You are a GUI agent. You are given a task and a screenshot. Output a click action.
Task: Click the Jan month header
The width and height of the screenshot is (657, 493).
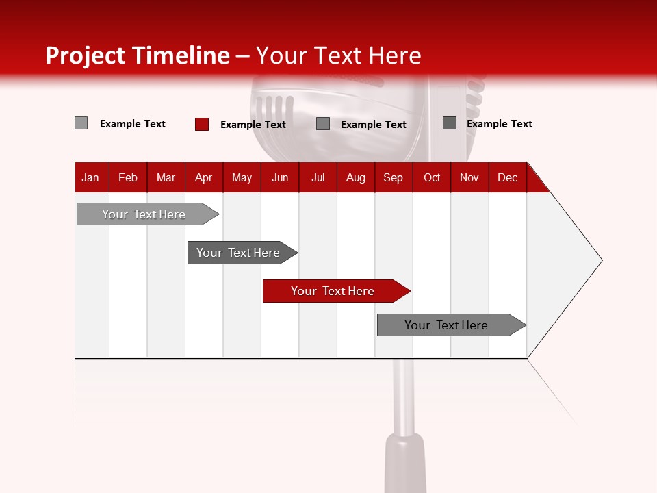[x=90, y=177]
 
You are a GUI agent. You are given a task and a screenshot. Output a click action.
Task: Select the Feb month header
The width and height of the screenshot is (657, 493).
[x=128, y=177]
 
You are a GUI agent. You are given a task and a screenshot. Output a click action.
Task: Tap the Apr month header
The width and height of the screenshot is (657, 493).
[x=203, y=177]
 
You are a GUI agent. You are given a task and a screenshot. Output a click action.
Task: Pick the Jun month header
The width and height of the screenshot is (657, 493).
[x=280, y=177]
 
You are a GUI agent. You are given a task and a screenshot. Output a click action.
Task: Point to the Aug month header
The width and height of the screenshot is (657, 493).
[x=356, y=177]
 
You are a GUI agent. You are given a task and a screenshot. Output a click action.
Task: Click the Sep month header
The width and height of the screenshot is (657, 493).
[x=393, y=177]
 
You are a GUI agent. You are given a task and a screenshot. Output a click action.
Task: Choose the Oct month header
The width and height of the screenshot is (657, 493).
[x=432, y=177]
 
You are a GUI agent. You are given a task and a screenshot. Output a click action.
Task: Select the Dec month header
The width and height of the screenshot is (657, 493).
[x=508, y=177]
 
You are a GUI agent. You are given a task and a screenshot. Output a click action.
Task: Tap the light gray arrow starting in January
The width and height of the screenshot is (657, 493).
[x=144, y=214]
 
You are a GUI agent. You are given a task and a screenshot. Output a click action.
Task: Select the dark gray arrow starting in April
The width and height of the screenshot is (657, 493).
[x=239, y=253]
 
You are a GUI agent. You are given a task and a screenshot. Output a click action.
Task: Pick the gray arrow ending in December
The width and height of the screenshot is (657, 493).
[x=447, y=325]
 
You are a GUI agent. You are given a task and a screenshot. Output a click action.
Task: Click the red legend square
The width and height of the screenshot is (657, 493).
[x=202, y=124]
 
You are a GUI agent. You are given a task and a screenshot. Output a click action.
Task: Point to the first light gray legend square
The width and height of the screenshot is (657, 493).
[x=81, y=123]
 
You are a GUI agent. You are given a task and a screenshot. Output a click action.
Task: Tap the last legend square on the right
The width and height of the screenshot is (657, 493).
[x=450, y=123]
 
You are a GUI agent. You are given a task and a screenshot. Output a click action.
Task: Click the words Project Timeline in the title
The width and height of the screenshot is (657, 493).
[x=138, y=55]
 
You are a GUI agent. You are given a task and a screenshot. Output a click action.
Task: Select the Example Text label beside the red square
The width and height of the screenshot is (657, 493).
[x=253, y=125]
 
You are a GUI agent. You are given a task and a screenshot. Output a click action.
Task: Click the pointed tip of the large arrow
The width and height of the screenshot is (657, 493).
[x=600, y=260]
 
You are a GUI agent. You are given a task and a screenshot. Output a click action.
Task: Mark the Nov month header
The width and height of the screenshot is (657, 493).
[x=469, y=177]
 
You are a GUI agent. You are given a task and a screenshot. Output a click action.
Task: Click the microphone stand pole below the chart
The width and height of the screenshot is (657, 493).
[x=404, y=397]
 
